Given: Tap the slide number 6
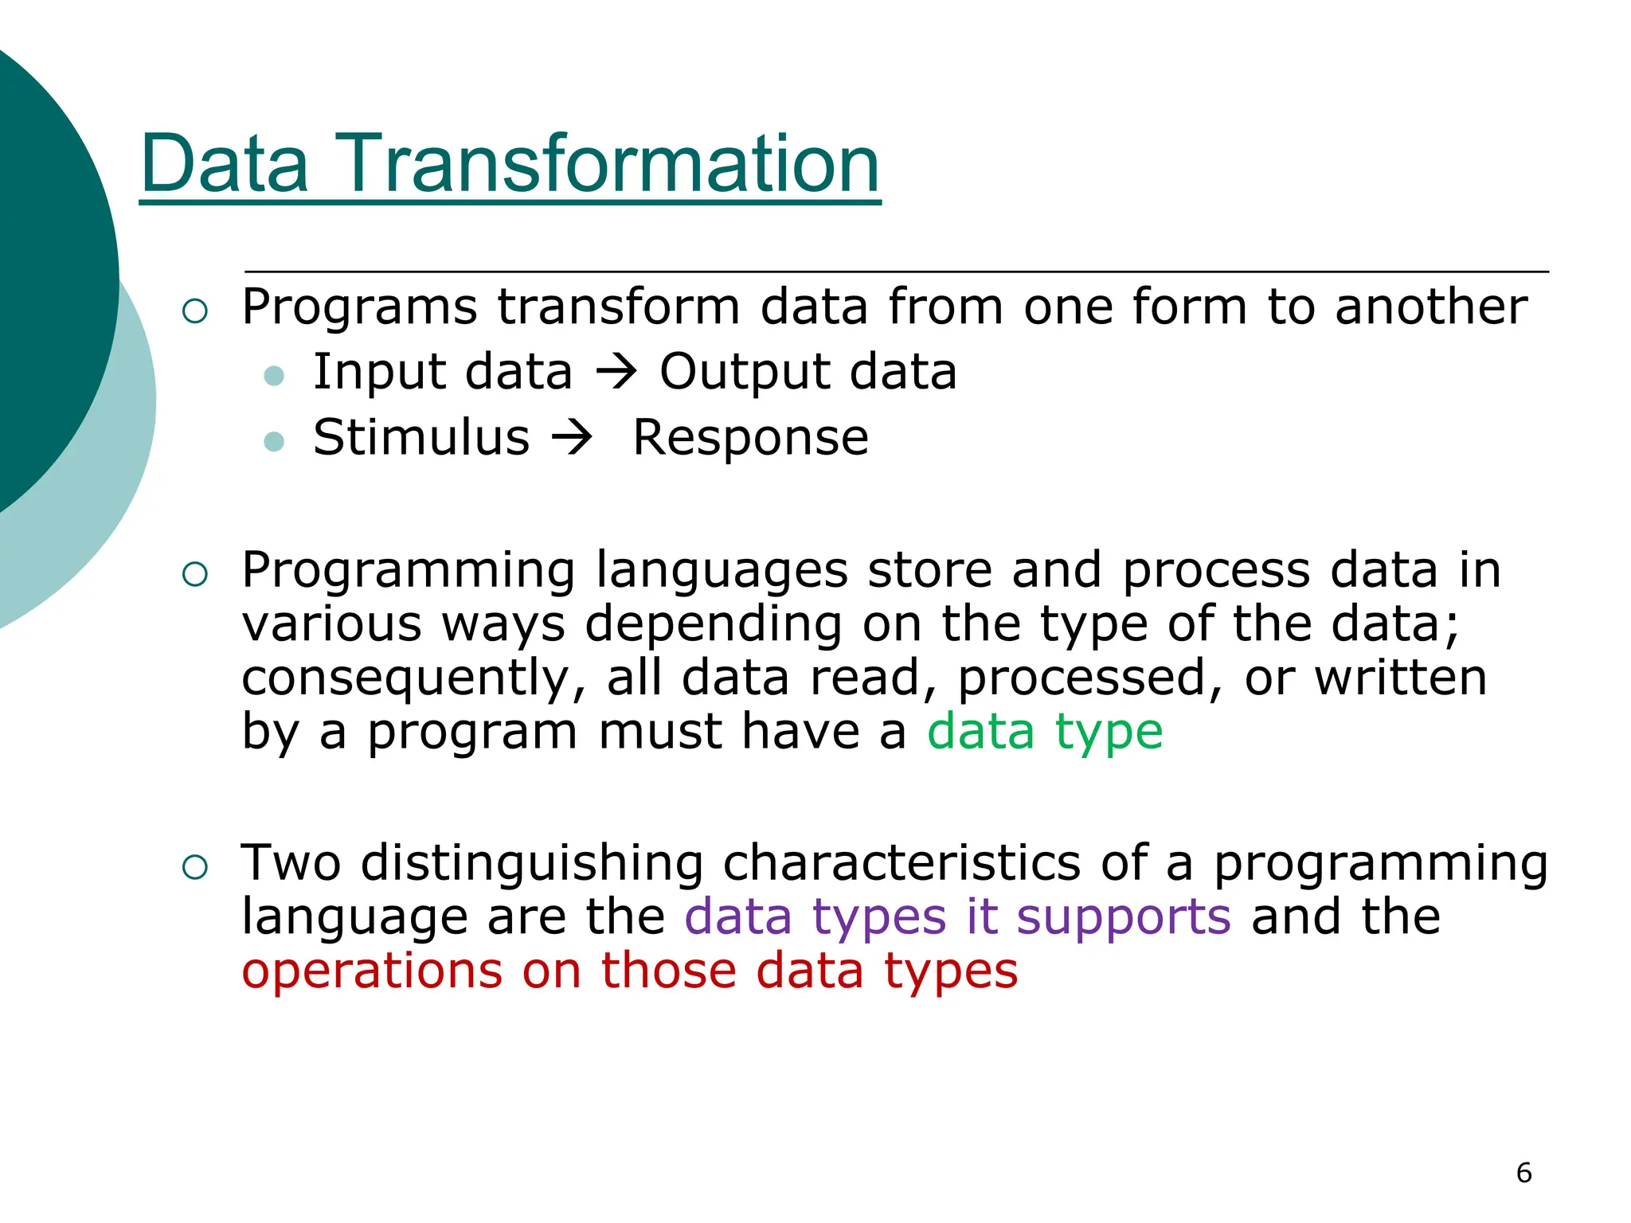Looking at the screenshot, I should (1523, 1173).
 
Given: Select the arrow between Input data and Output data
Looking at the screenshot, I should (616, 371).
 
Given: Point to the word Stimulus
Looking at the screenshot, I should (420, 437).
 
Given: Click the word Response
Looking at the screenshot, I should (750, 437).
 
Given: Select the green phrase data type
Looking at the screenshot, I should (1045, 731).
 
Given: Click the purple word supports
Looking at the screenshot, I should (1124, 916).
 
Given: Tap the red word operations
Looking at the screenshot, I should (372, 971).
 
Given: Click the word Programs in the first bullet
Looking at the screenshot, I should (359, 307).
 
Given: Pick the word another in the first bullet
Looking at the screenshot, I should (1431, 307).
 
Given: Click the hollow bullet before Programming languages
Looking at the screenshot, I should (195, 573).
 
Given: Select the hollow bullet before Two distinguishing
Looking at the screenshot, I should (195, 866).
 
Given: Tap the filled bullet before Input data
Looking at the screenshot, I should (274, 375).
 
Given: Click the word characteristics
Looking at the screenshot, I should (902, 863).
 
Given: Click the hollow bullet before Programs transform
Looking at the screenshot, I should (195, 311).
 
